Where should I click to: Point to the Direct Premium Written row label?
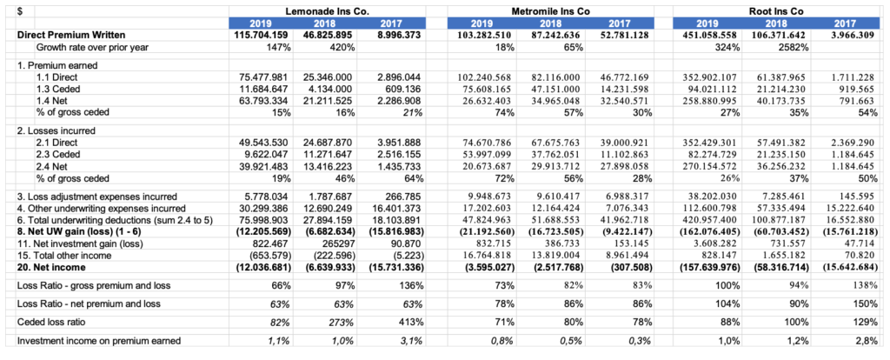[x=69, y=34]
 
